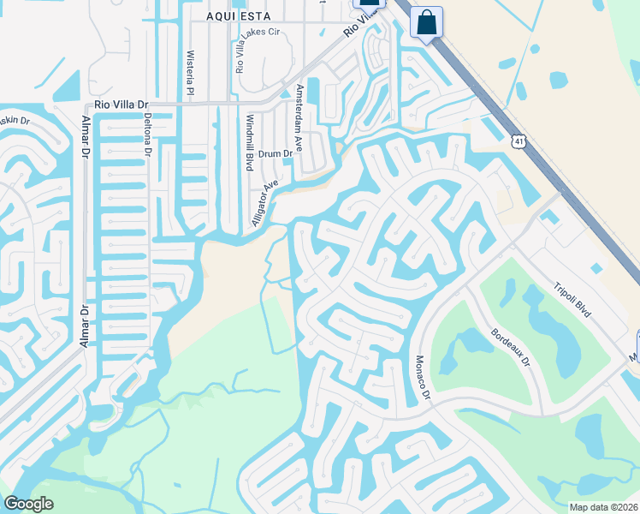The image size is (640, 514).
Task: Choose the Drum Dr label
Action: coord(275,153)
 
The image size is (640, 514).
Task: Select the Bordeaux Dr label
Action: coord(511,345)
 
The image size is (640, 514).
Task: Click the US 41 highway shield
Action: coord(519,140)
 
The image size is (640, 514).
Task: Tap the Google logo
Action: coord(29,504)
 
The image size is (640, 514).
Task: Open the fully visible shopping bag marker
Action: coord(426,22)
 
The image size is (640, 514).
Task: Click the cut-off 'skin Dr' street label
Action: coord(15,121)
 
